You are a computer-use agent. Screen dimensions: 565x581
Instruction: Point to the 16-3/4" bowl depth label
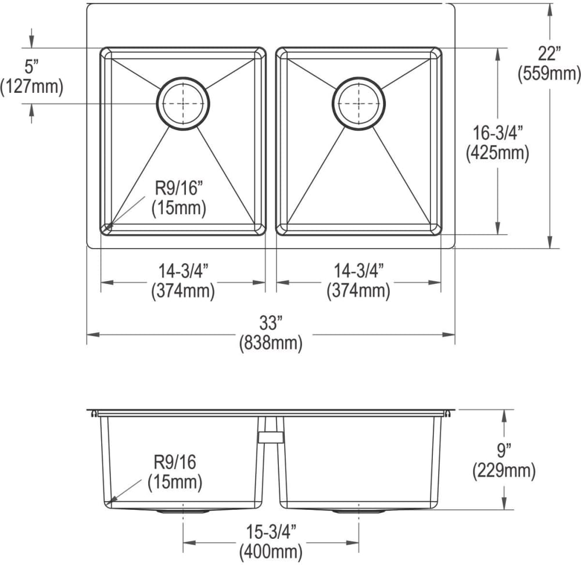point(499,133)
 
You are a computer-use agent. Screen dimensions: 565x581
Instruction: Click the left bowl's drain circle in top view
point(182,103)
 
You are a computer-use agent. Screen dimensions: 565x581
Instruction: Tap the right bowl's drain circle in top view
point(358,103)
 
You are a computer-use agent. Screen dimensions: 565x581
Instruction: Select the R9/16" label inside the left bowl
point(178,189)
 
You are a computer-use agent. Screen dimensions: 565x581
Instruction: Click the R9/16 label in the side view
point(175,463)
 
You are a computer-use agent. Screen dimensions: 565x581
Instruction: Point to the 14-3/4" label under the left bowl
point(183,270)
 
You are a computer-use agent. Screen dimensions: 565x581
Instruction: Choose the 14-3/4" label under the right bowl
point(358,270)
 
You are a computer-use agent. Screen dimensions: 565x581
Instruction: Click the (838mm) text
point(270,343)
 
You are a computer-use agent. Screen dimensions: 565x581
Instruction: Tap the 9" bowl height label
point(504,450)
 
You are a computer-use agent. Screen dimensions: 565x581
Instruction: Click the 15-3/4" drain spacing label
point(270,531)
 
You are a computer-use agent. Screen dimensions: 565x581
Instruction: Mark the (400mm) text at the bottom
point(270,550)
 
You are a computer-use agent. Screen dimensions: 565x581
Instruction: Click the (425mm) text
point(498,153)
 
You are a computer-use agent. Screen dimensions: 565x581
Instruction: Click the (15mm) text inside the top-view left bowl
point(178,208)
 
